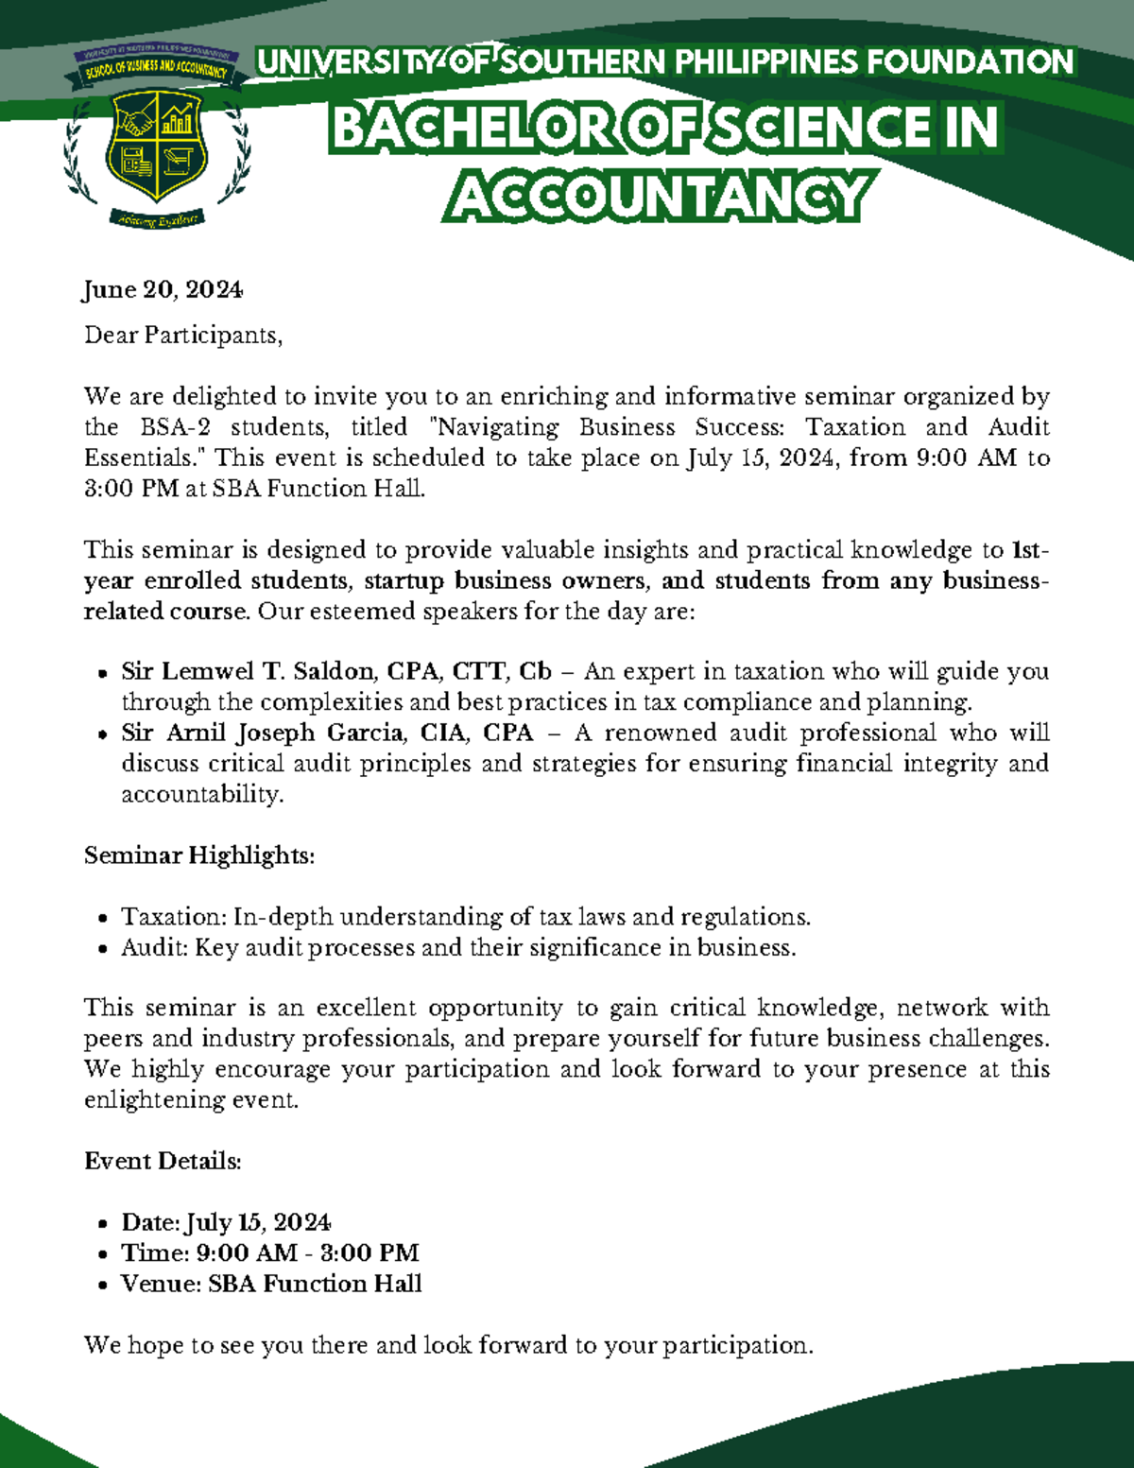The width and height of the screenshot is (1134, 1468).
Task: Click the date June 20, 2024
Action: coord(163,289)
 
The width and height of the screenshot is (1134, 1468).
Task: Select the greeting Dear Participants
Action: coord(183,336)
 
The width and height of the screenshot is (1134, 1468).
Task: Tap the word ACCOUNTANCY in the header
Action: coord(660,197)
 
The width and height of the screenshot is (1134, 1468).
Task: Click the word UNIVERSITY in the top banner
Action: coord(350,63)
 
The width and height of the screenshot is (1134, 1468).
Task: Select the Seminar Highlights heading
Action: coord(198,855)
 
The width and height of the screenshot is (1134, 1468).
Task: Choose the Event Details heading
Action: coord(163,1161)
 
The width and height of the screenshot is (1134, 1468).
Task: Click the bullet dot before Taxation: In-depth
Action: coord(103,918)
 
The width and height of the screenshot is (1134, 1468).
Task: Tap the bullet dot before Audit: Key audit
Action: coord(103,949)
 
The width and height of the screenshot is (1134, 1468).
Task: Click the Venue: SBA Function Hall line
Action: coord(271,1284)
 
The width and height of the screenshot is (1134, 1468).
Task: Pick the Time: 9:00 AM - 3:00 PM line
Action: coord(269,1252)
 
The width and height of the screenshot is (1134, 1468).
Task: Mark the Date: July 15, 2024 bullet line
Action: coord(226,1222)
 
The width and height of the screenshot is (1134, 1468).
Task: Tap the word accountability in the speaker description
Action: coord(201,794)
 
